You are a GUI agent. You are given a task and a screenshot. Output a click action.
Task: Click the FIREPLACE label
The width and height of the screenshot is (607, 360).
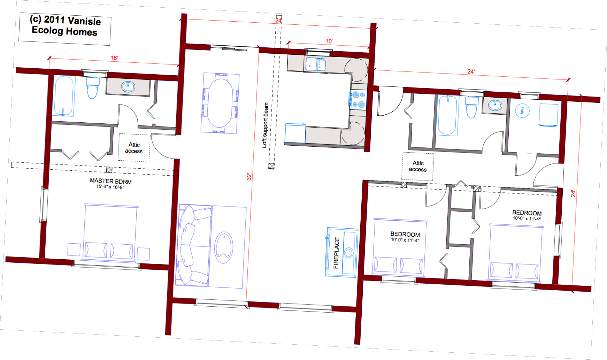pyautogui.click(x=336, y=253)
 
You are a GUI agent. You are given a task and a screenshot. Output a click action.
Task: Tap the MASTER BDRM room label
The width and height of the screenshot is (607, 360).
pyautogui.click(x=111, y=181)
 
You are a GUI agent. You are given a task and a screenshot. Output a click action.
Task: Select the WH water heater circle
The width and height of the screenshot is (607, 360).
pyautogui.click(x=522, y=110)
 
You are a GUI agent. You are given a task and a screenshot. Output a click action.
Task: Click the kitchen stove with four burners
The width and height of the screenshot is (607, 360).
pyautogui.click(x=358, y=99)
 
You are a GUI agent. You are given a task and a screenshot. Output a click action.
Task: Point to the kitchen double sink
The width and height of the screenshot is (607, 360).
pyautogui.click(x=316, y=64)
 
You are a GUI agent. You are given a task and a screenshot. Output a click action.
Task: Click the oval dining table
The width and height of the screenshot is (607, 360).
pyautogui.click(x=220, y=103)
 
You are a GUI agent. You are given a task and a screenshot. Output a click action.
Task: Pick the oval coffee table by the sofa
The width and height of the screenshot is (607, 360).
pyautogui.click(x=224, y=248)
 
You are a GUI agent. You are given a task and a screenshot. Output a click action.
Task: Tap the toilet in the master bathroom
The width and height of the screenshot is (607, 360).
pyautogui.click(x=93, y=88)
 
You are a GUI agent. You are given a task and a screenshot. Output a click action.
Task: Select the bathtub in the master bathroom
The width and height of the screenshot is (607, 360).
pyautogui.click(x=64, y=96)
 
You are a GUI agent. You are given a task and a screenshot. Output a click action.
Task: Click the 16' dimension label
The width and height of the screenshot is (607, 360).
pyautogui.click(x=114, y=58)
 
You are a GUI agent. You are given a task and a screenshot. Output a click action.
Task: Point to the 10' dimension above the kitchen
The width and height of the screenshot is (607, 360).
pyautogui.click(x=329, y=41)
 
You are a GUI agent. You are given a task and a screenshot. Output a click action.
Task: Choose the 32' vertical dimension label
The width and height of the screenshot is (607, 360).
pyautogui.click(x=249, y=177)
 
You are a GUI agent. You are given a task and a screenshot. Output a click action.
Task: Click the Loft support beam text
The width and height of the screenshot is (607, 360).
pyautogui.click(x=265, y=125)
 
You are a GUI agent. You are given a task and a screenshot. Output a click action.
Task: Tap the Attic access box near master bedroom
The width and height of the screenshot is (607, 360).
pyautogui.click(x=134, y=148)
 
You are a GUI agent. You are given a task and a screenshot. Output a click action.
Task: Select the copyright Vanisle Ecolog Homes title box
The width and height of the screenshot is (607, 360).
pyautogui.click(x=65, y=29)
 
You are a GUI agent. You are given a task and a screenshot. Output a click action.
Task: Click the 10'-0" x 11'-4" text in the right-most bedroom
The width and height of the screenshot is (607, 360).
pyautogui.click(x=527, y=219)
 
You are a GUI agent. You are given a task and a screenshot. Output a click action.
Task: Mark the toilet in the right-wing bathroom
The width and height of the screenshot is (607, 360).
pyautogui.click(x=471, y=107)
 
